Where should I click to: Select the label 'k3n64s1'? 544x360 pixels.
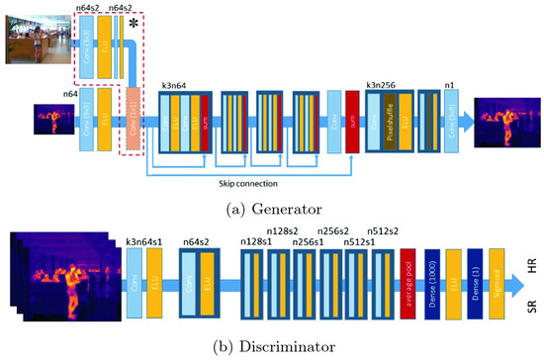[145, 240]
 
